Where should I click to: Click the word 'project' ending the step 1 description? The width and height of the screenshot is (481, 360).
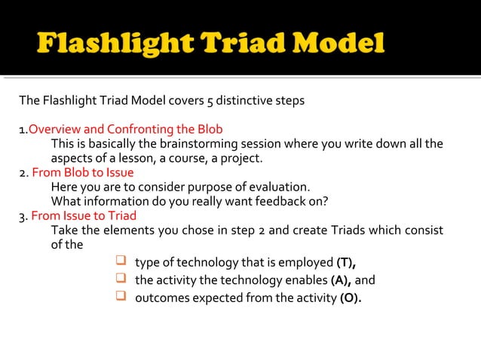[x=241, y=158]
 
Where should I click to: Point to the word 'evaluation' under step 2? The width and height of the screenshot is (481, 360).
[x=281, y=187]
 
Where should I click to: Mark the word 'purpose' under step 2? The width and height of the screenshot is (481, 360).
[x=203, y=187]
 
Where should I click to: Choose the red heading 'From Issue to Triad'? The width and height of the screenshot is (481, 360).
[x=84, y=215]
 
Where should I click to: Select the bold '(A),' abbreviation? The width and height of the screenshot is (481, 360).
[x=341, y=281]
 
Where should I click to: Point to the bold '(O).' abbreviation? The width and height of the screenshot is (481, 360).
[x=348, y=299]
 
